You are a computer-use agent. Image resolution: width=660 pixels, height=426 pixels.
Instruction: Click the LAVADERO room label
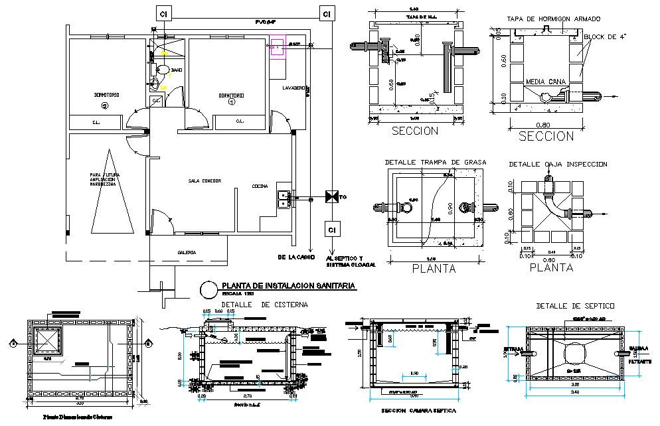point(293,88)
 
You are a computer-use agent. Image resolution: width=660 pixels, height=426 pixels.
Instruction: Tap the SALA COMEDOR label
point(205,180)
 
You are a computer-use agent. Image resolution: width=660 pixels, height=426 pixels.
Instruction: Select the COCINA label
point(260,186)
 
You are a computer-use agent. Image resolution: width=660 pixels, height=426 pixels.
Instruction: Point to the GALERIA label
point(187,252)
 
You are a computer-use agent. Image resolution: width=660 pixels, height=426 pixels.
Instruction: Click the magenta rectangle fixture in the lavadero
point(278,48)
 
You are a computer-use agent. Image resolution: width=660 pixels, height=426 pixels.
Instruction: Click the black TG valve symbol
point(330,197)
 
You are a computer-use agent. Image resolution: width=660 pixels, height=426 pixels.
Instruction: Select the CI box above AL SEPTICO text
point(330,230)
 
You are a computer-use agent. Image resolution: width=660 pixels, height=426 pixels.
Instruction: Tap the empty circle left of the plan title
point(208,289)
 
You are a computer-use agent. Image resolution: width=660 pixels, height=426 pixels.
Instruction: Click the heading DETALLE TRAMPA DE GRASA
point(436,162)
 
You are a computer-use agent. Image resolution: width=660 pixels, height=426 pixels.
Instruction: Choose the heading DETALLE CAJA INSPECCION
point(558,164)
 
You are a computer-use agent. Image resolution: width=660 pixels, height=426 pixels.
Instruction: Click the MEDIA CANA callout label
point(545,82)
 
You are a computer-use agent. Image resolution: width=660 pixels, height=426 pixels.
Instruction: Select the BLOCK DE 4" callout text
point(607,37)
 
